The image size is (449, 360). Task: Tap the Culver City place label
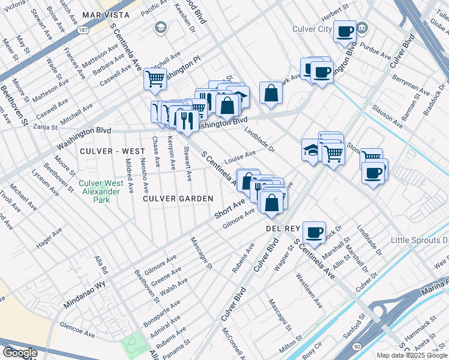pos(312,29)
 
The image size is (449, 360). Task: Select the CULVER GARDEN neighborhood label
pos(178,198)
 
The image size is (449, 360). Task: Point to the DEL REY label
pos(282,229)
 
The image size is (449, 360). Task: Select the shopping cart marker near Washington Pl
pos(155,78)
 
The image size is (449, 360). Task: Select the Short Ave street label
pos(229,210)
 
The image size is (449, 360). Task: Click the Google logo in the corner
pos(20,353)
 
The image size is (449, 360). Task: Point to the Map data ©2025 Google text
pos(411,355)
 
